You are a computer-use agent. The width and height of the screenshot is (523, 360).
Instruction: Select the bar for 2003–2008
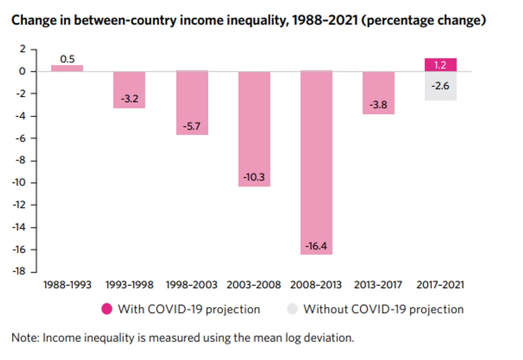pos(254,128)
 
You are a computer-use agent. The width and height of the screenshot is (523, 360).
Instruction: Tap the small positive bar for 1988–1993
pos(67,68)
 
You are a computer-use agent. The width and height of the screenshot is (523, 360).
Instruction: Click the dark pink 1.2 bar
pos(440,65)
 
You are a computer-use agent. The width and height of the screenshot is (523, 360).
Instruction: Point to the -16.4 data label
pos(316,246)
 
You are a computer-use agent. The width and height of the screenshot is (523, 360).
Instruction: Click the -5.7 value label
pos(192,126)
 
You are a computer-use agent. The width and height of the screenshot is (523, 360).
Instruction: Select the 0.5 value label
pos(67,59)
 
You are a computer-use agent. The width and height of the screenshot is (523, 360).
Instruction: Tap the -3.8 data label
pos(378,105)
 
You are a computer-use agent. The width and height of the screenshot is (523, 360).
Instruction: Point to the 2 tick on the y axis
pos(22,49)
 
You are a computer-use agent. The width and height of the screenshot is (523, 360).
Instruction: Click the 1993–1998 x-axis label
pos(129,285)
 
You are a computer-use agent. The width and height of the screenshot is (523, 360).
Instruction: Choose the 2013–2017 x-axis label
pos(378,285)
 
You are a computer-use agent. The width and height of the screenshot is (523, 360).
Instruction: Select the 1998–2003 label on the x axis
pos(192,285)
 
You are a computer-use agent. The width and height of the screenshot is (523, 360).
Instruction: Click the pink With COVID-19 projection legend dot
pos(107,309)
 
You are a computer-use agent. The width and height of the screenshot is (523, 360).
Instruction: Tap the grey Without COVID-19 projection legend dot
pos(292,309)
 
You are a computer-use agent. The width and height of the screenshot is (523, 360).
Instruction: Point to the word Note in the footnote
pos(25,338)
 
